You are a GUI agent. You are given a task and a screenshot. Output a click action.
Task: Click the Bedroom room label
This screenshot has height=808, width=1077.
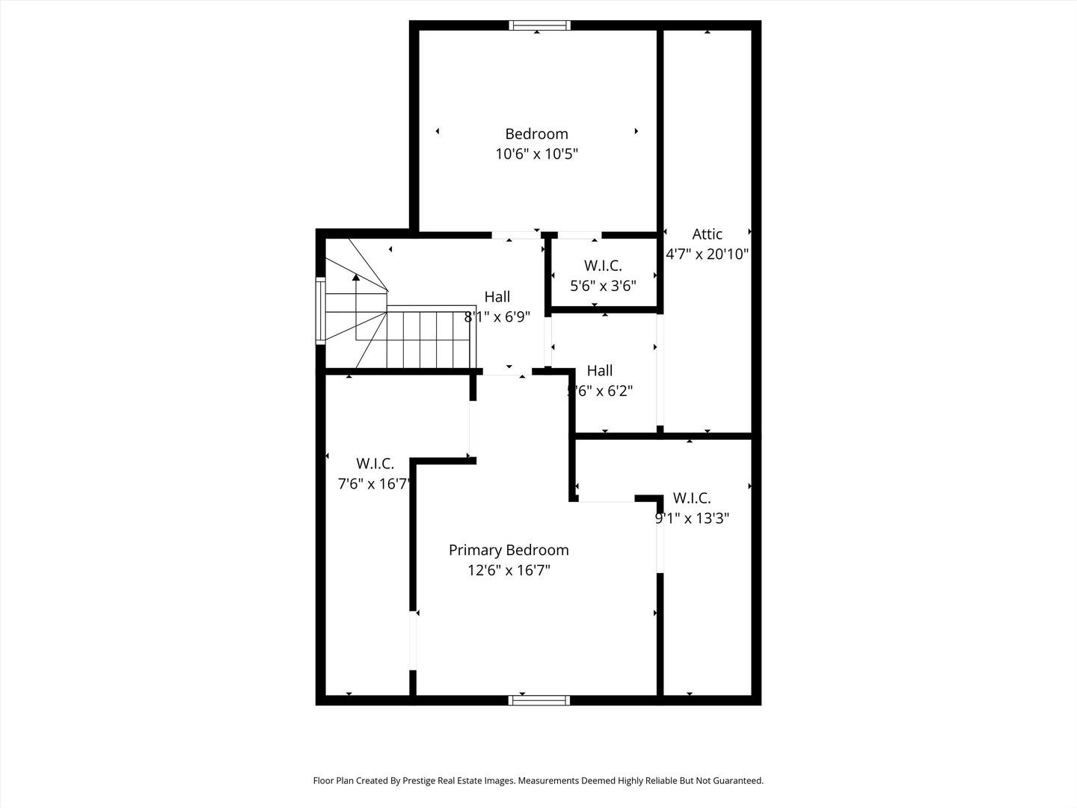tap(536, 134)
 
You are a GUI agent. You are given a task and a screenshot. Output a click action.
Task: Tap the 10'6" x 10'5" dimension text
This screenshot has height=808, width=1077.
tap(536, 154)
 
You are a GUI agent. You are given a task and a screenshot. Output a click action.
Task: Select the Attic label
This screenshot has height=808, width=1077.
tap(707, 234)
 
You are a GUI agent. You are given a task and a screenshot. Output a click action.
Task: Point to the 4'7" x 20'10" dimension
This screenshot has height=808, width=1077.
tap(708, 254)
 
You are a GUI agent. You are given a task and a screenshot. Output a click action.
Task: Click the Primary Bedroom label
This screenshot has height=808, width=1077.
tap(509, 550)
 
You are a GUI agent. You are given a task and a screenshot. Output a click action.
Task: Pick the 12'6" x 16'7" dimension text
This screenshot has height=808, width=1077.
tap(509, 570)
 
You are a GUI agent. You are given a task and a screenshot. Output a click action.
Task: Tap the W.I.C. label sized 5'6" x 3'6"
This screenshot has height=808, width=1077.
tap(603, 266)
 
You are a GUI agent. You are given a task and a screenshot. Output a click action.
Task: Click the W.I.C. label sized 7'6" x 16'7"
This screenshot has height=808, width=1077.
tap(375, 464)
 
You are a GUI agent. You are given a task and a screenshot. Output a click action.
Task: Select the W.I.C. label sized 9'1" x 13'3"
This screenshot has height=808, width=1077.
tap(692, 498)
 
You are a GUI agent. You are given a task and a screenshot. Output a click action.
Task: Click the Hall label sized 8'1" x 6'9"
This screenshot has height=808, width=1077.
tap(497, 297)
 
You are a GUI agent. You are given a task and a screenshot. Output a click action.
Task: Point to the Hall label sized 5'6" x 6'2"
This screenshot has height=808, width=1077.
tap(600, 370)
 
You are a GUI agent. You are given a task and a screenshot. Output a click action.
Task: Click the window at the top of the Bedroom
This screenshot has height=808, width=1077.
tap(539, 25)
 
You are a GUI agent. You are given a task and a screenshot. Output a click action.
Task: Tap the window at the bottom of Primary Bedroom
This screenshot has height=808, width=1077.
tap(539, 700)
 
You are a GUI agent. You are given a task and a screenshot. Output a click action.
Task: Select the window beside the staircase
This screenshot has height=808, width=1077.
tap(321, 310)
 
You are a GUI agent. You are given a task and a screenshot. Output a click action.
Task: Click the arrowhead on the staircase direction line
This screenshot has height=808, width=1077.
tap(356, 277)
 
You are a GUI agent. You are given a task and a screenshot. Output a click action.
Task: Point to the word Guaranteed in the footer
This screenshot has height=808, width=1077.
tap(736, 780)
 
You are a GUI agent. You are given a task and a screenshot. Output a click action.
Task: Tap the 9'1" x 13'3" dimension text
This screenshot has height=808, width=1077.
tap(693, 518)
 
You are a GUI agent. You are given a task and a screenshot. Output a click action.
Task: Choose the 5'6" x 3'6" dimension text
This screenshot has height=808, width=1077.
tap(603, 286)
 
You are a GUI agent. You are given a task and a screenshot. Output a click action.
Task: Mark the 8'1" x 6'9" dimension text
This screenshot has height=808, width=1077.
tap(497, 317)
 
